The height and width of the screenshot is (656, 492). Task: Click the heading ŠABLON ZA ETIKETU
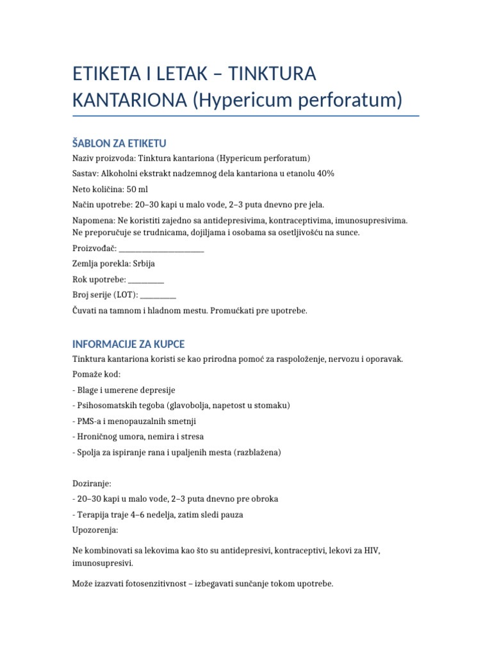click(x=119, y=143)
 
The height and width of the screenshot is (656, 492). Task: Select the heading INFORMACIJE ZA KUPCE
click(x=128, y=344)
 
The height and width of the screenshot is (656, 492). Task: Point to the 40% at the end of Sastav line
click(x=324, y=174)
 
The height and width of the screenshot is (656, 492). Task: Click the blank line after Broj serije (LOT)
click(x=158, y=295)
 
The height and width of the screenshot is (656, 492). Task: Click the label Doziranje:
click(x=92, y=483)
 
